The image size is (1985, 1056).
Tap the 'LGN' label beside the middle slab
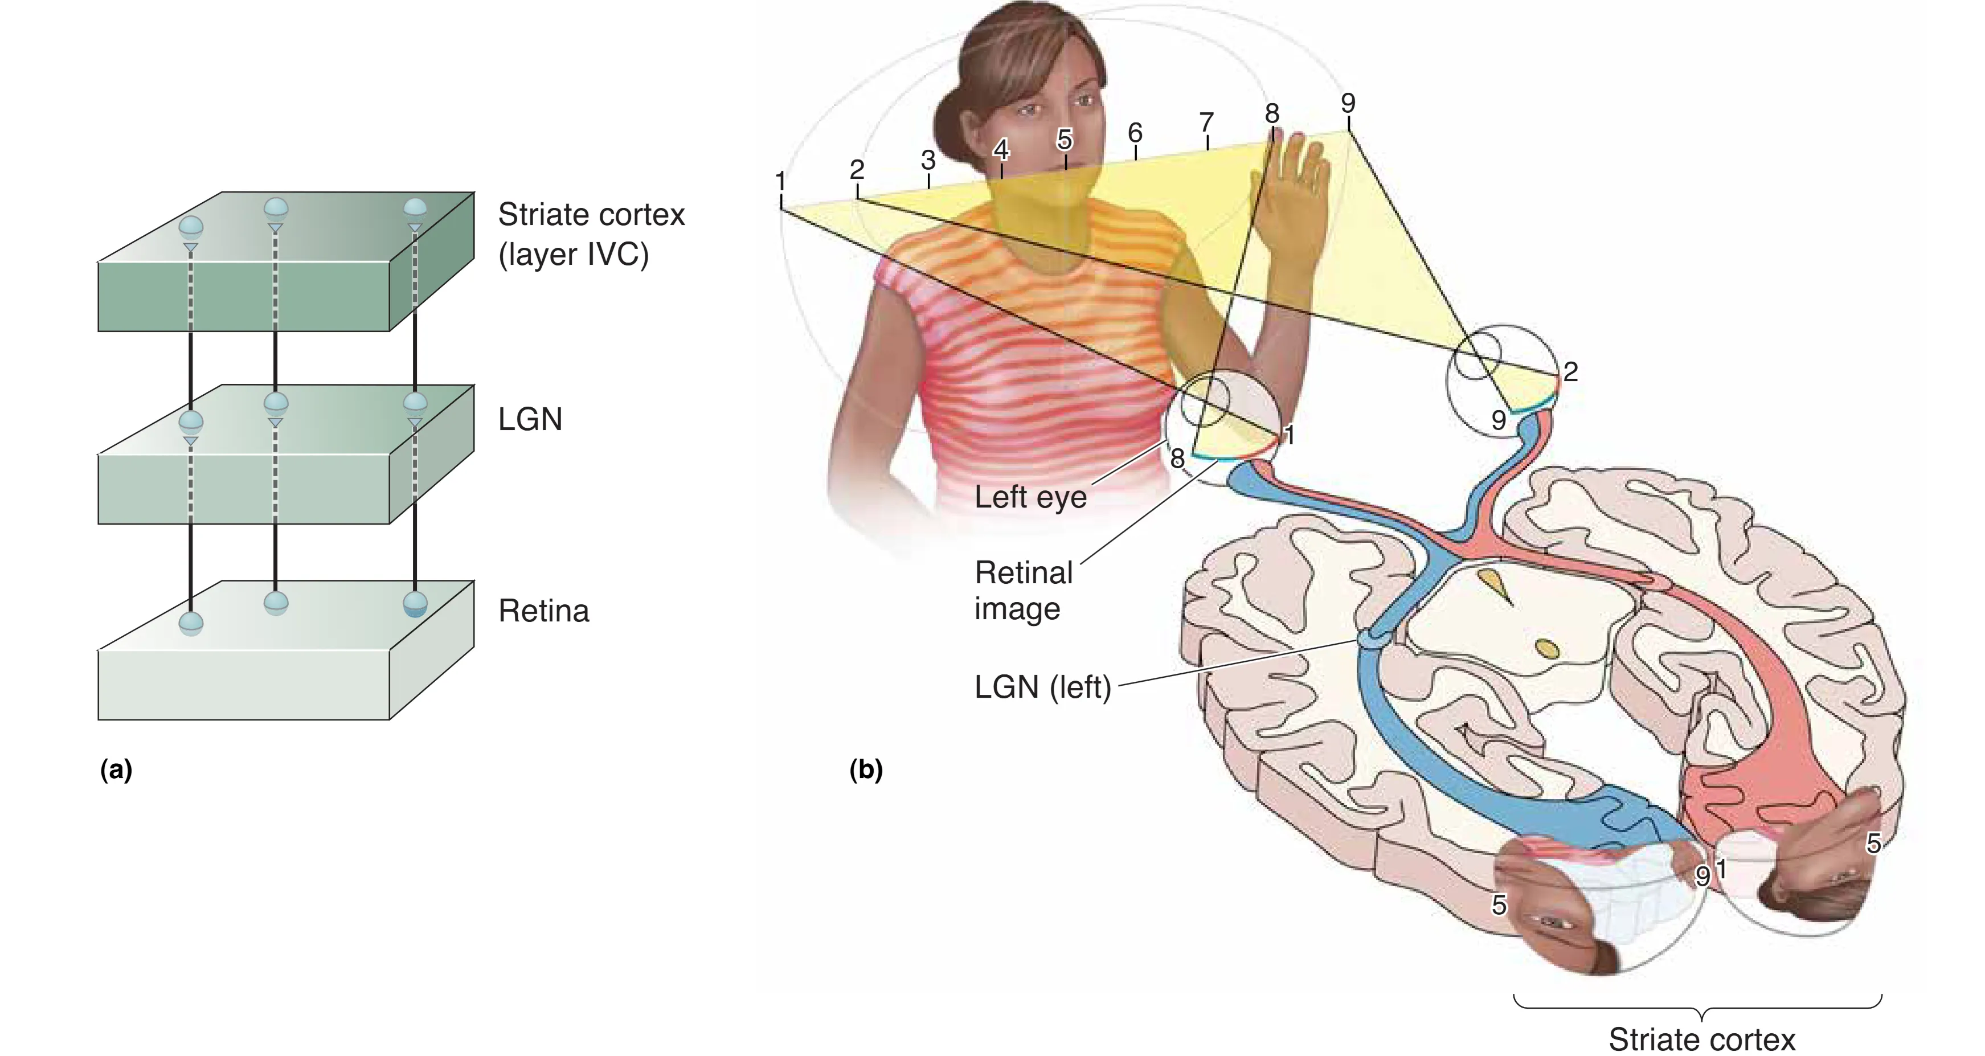pyautogui.click(x=530, y=419)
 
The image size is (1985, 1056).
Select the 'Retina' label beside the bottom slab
pyautogui.click(x=543, y=611)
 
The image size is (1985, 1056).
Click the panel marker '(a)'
pyautogui.click(x=116, y=770)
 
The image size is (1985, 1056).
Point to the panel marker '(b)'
pyautogui.click(x=865, y=770)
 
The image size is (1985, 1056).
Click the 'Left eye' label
pyautogui.click(x=1030, y=497)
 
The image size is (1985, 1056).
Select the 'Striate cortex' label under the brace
pyautogui.click(x=1701, y=1039)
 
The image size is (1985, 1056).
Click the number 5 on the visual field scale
pyautogui.click(x=1064, y=140)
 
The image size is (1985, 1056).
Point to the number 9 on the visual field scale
pyautogui.click(x=1348, y=103)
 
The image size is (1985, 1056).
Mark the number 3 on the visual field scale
pyautogui.click(x=928, y=160)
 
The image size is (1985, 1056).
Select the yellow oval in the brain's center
pyautogui.click(x=1548, y=648)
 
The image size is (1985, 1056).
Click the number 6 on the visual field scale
pyautogui.click(x=1135, y=133)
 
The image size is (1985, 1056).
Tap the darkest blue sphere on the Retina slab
pyautogui.click(x=415, y=604)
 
